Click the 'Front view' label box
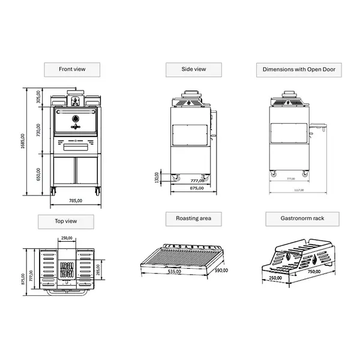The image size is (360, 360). [72, 70]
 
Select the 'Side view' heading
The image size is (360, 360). [193, 70]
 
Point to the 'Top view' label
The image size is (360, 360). [66, 221]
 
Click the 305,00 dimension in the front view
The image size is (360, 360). [38, 97]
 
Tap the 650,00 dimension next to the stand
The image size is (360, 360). [38, 173]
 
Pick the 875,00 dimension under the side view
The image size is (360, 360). [197, 188]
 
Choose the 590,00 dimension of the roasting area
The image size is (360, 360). [222, 271]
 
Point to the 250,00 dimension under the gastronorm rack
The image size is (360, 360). [275, 278]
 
